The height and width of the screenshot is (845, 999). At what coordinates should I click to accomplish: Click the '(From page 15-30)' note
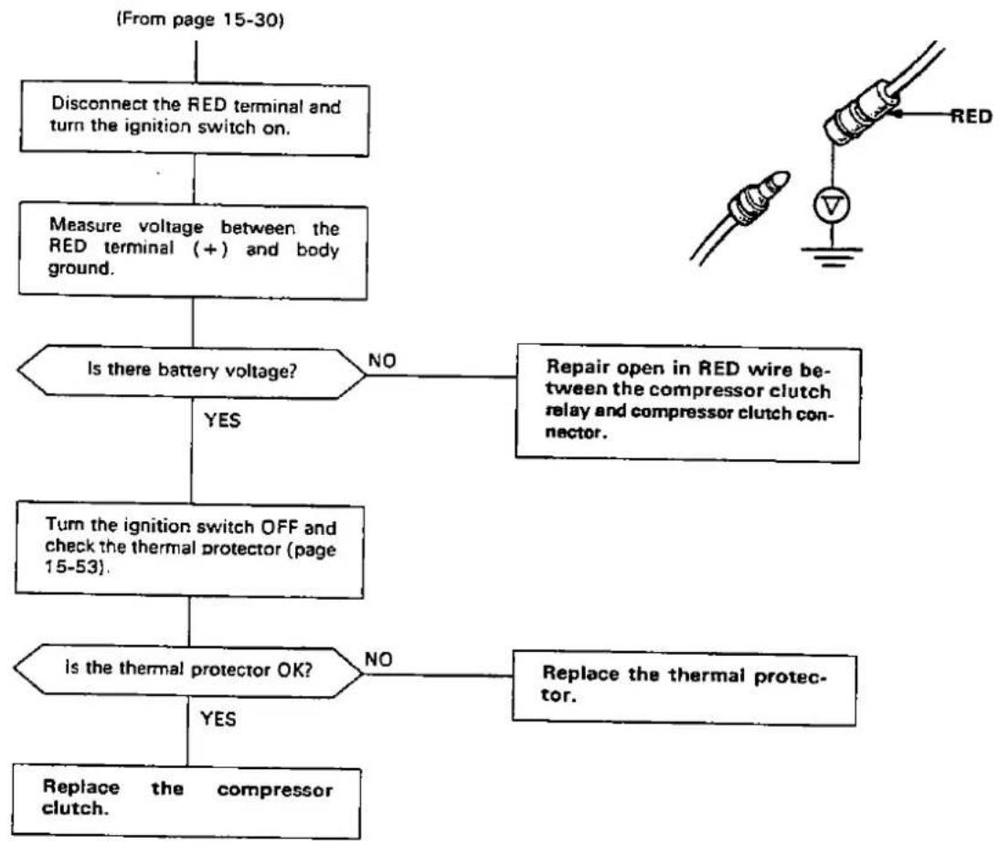[199, 20]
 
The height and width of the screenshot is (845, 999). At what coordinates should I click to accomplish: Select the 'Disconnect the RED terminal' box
[195, 119]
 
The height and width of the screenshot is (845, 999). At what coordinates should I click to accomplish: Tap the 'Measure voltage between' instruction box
[193, 251]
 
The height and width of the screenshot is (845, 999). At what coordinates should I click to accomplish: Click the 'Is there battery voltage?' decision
[191, 372]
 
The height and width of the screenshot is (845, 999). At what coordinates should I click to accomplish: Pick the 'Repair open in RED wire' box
[688, 402]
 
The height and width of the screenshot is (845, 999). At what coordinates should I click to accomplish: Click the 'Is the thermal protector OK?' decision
[188, 669]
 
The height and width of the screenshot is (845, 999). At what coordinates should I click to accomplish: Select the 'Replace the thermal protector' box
[685, 688]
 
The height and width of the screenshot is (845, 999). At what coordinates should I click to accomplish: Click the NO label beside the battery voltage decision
[382, 360]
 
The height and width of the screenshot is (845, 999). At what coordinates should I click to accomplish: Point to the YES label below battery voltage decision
[222, 421]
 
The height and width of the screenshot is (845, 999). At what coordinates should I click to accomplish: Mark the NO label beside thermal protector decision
[378, 659]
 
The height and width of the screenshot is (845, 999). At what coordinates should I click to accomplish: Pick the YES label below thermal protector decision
[218, 719]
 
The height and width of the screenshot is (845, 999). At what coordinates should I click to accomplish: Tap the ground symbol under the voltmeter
[832, 255]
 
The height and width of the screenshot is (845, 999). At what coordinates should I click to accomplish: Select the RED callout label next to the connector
[972, 116]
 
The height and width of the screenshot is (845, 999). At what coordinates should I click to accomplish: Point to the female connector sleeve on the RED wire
[860, 112]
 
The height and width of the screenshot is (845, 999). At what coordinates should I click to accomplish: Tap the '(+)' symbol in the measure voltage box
[211, 248]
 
